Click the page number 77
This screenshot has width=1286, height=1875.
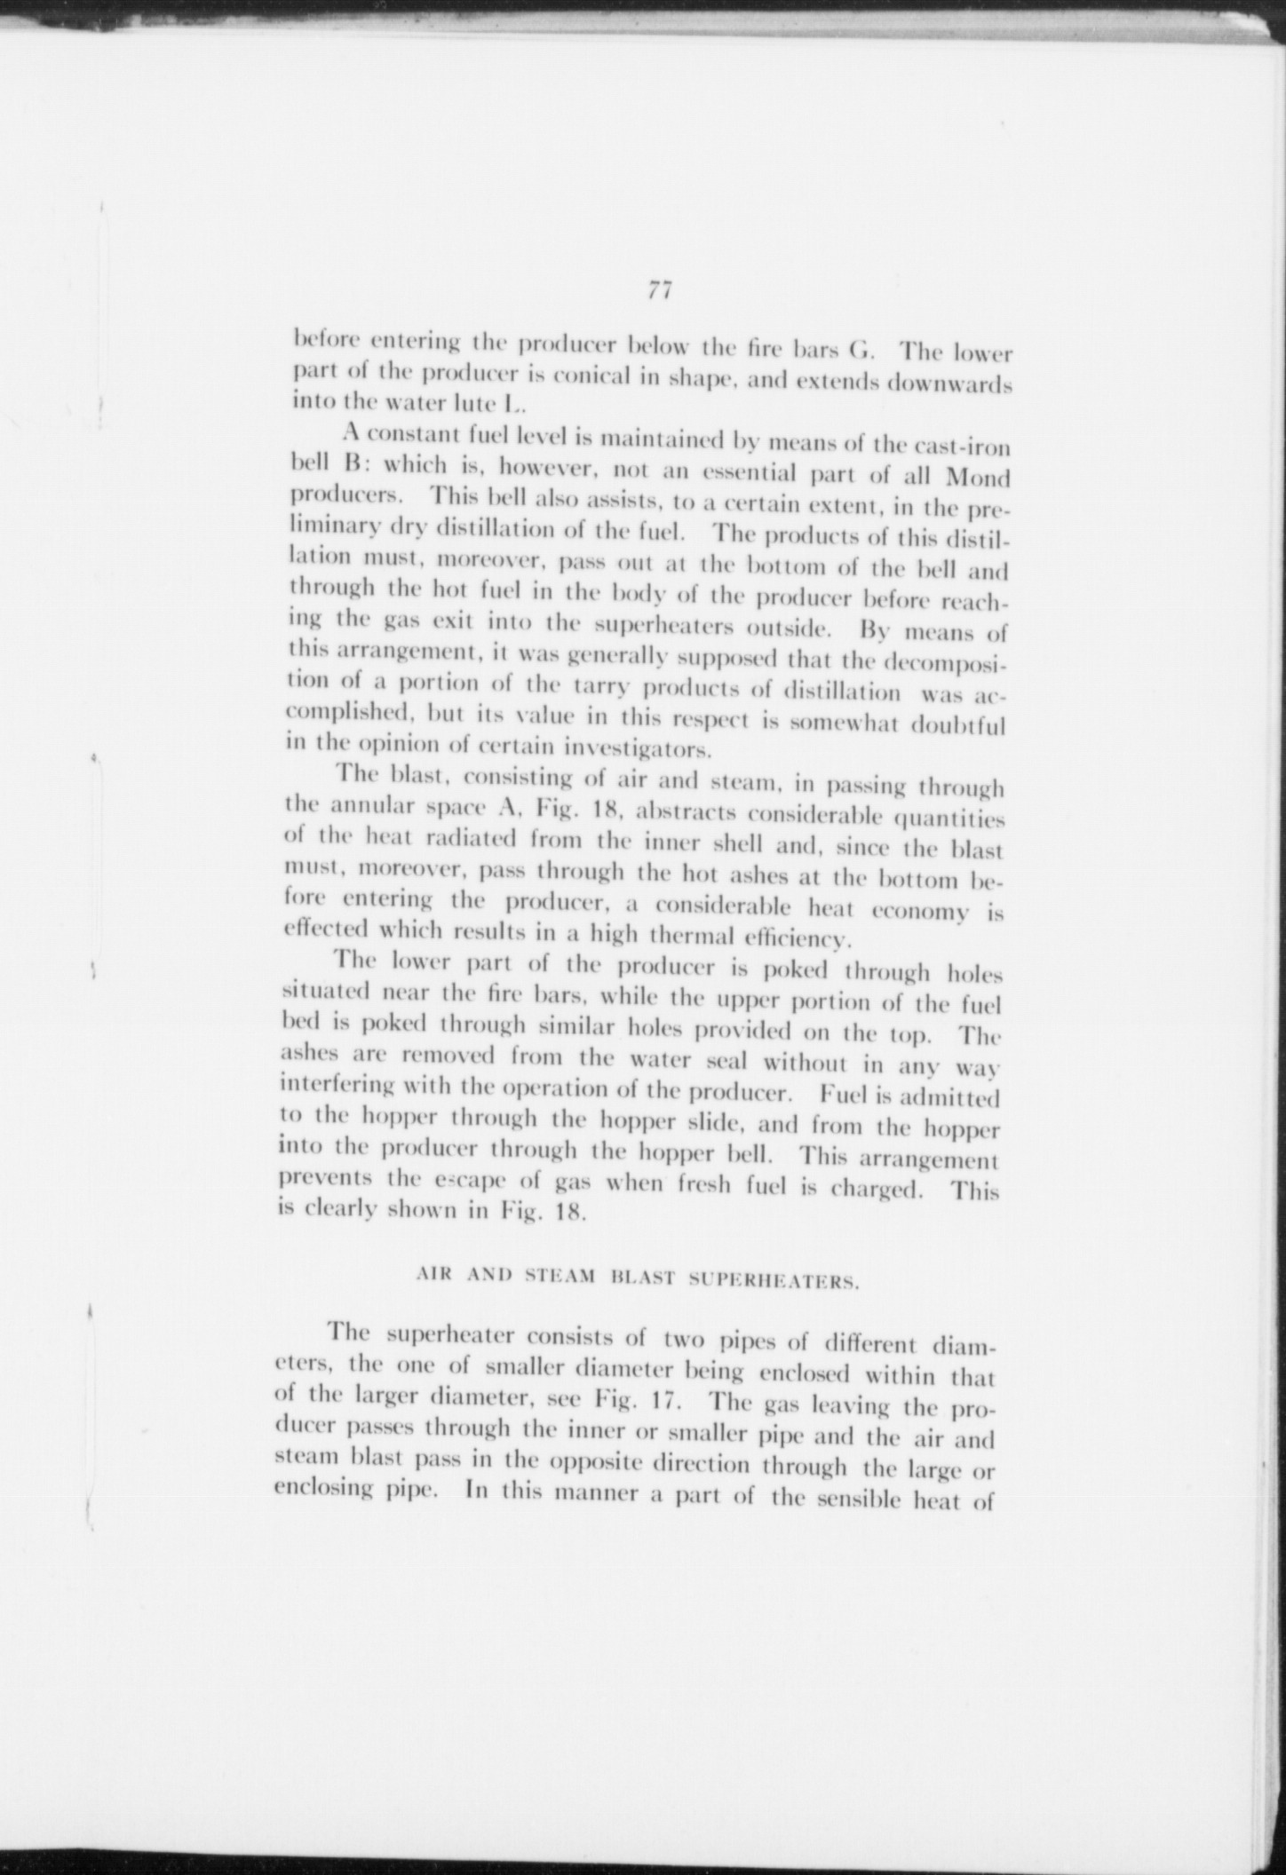pyautogui.click(x=658, y=291)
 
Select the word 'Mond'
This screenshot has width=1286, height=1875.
pyautogui.click(x=979, y=479)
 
